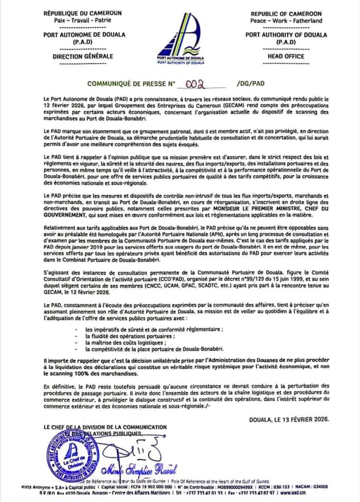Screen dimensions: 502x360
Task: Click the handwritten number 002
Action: click(x=195, y=83)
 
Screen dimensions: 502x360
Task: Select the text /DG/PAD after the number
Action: click(x=250, y=84)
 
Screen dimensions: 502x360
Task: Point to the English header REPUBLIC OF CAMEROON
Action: click(x=286, y=13)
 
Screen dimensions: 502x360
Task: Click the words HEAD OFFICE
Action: click(x=286, y=56)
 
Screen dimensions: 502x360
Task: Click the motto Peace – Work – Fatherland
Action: click(x=286, y=21)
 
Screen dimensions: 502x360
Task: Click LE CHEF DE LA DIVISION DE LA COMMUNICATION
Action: click(x=105, y=427)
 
